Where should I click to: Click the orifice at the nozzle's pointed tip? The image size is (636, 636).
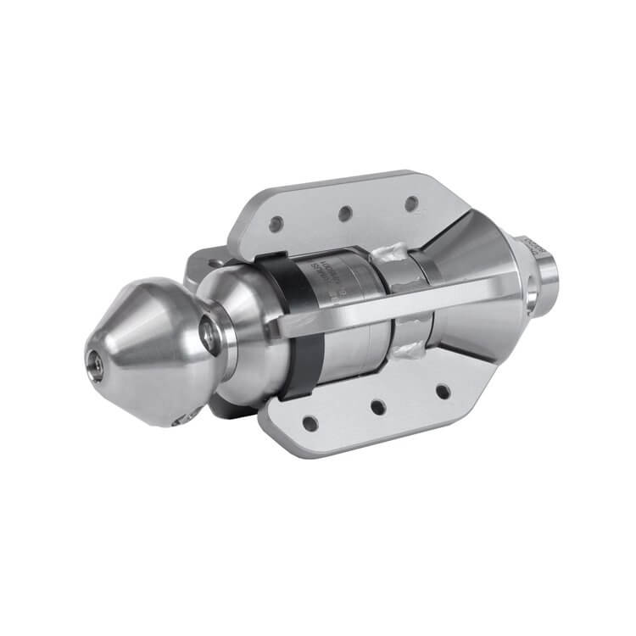point(98,363)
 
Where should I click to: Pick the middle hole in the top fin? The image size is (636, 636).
point(345,213)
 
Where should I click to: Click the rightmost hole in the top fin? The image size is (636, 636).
point(410,204)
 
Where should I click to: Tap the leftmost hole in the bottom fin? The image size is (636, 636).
point(311,422)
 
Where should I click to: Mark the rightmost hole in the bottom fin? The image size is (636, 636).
point(442,392)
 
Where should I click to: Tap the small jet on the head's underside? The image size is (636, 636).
point(180,417)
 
